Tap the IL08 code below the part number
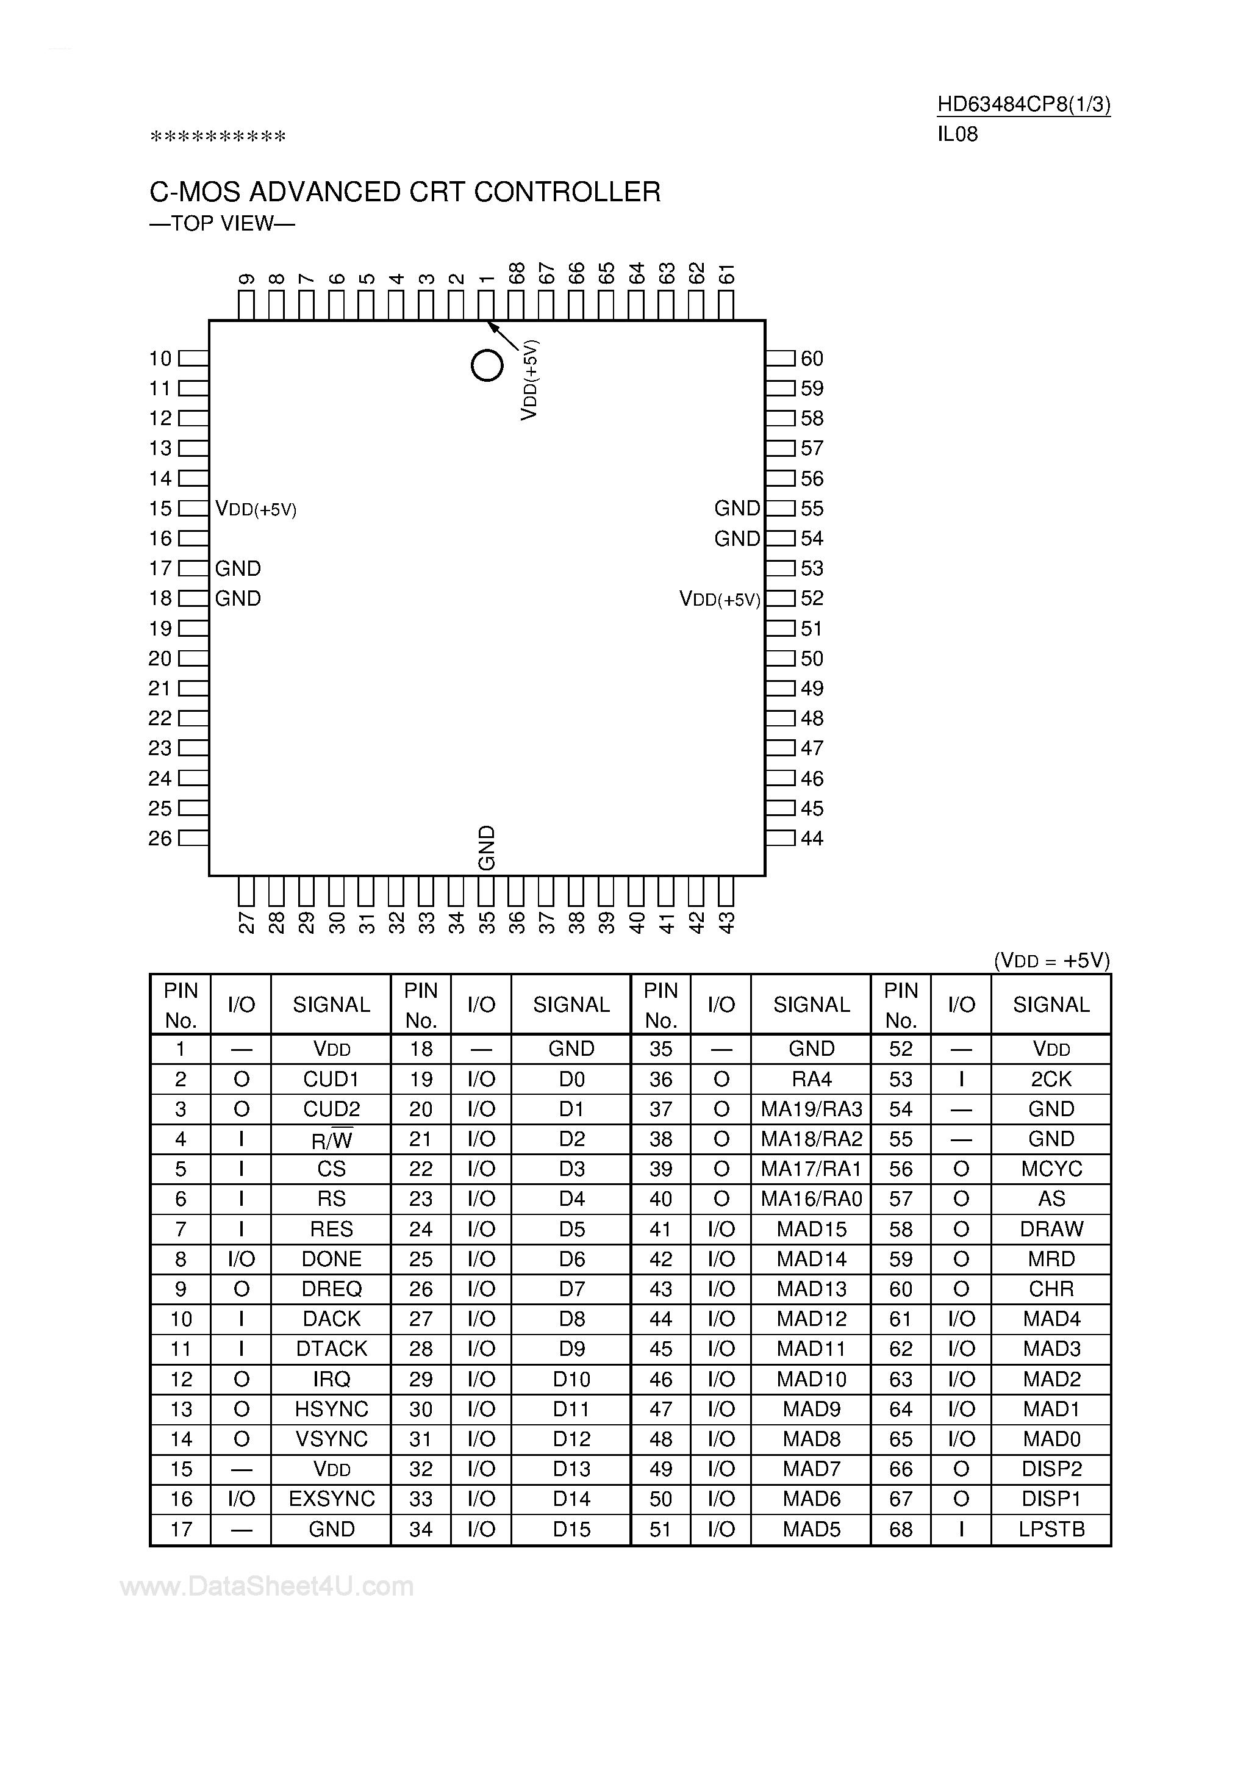(958, 135)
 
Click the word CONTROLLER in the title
(567, 192)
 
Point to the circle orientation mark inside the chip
(487, 365)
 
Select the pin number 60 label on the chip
(812, 359)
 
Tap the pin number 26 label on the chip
(160, 839)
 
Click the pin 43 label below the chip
(726, 922)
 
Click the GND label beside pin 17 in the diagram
(238, 568)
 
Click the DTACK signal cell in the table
(331, 1349)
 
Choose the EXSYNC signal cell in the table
(331, 1499)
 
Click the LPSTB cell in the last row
(1051, 1529)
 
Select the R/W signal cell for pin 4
(331, 1139)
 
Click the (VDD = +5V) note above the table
(1052, 960)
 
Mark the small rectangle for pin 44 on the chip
(781, 839)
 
